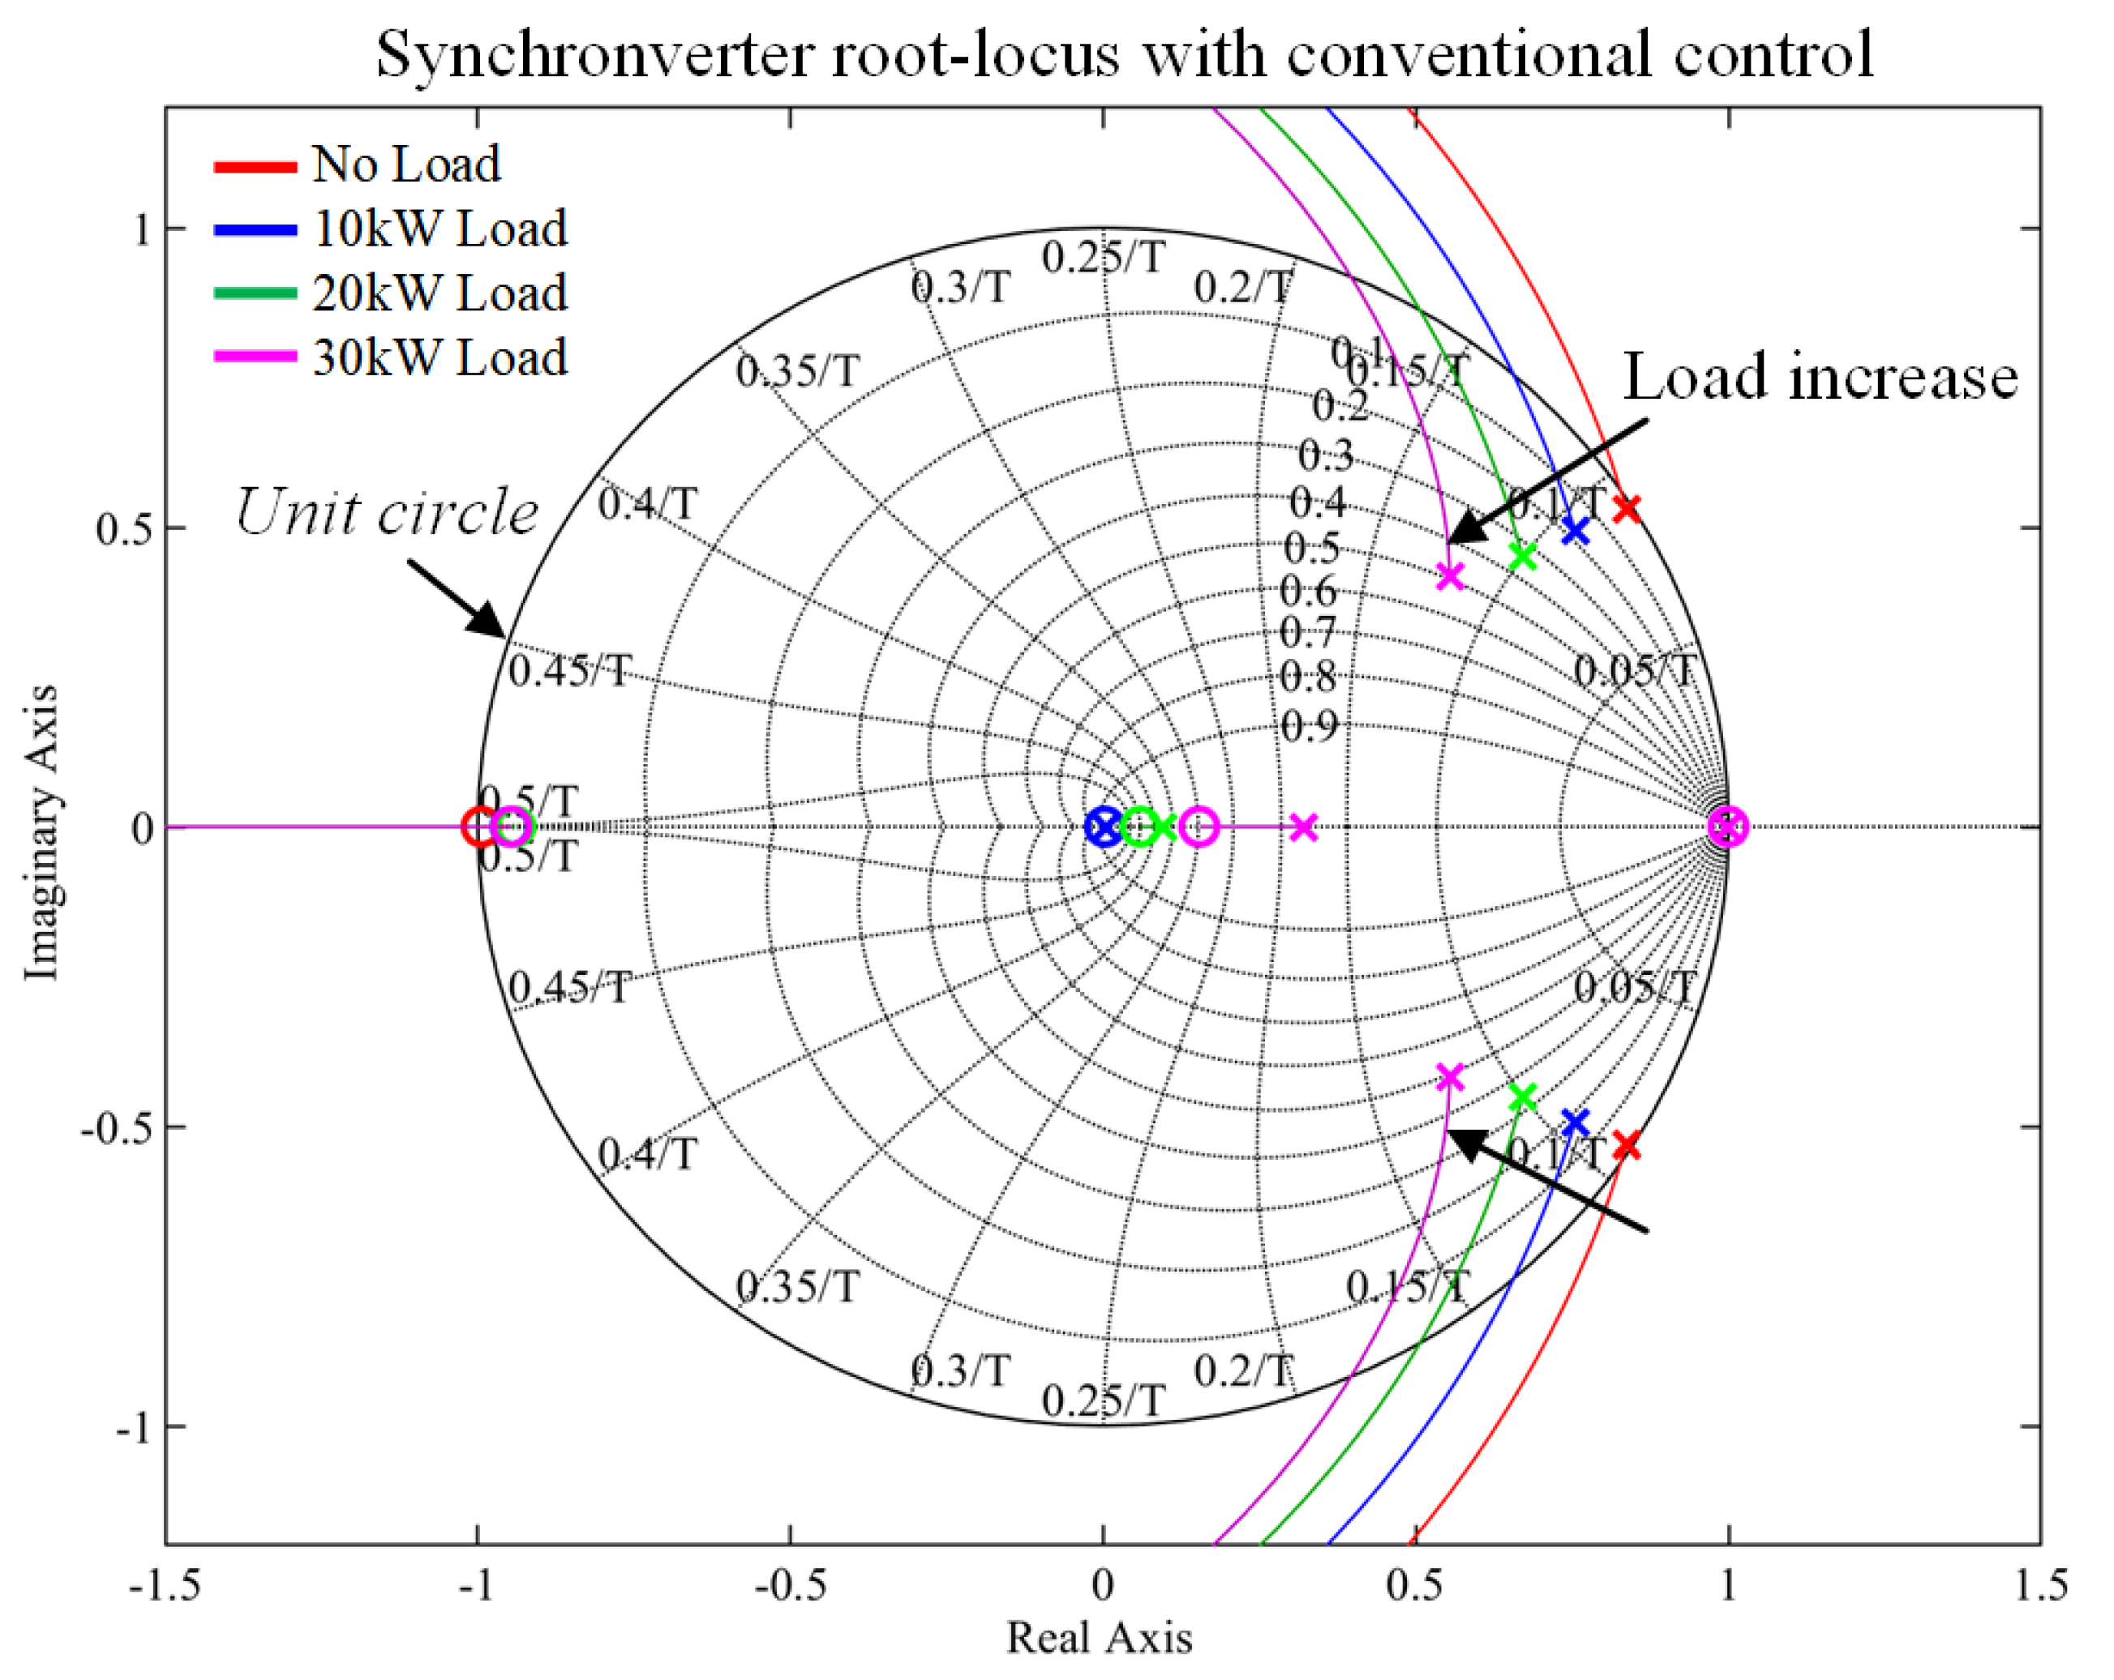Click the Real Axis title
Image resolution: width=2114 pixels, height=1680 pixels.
click(1099, 1638)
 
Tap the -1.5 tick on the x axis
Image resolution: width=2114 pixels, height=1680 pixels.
click(165, 1585)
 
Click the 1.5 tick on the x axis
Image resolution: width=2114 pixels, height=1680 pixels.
click(2040, 1585)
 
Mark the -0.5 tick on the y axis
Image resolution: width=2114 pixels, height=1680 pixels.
click(116, 1128)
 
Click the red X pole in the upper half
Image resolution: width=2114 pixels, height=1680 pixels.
click(1627, 507)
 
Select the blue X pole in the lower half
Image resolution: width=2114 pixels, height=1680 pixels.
click(1575, 1122)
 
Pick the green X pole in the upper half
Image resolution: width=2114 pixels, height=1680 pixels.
click(1523, 557)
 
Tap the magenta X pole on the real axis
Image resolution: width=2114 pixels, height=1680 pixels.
click(1303, 827)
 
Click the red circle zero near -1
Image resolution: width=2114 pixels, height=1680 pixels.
click(479, 827)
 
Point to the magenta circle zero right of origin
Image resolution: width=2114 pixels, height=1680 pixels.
click(1199, 827)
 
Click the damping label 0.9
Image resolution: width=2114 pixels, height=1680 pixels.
click(1309, 726)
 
